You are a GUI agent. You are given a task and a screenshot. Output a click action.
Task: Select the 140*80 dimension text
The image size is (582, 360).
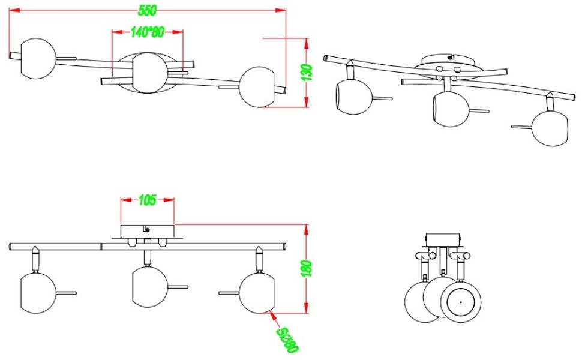coord(147,33)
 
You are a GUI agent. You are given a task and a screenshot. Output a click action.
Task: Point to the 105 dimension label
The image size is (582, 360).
coord(147,200)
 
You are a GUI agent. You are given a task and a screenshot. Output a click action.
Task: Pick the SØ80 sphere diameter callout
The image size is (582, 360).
coord(287,340)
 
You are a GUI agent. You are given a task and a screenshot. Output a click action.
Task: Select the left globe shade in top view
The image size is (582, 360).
coord(38,58)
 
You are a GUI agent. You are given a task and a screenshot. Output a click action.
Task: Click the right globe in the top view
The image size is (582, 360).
coord(256,87)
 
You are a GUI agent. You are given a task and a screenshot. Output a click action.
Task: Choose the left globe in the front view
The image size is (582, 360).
coord(38,292)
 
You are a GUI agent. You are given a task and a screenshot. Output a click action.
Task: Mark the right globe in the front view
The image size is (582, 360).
coord(256,292)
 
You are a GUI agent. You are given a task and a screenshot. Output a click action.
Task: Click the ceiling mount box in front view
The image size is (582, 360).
coord(147,230)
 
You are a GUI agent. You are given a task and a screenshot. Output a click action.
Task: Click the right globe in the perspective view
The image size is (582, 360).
coord(548,128)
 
